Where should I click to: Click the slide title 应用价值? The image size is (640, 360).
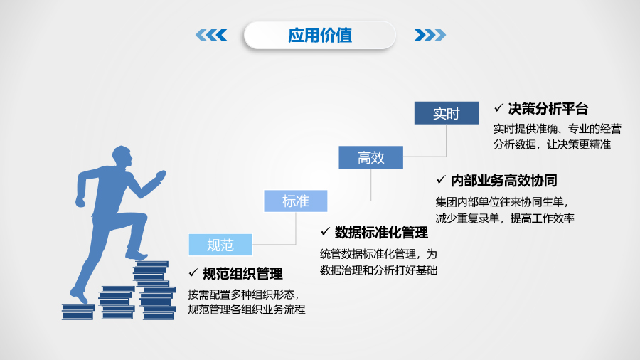pos(319,35)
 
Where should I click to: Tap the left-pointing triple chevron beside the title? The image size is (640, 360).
pos(210,35)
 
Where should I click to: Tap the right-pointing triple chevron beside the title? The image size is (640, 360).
pos(430,35)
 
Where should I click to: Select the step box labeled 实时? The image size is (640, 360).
pos(447,113)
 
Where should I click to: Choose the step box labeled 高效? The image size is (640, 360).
pos(370,157)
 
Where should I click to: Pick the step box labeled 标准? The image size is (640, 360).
pos(296,201)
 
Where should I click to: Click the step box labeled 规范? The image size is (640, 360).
pos(220,245)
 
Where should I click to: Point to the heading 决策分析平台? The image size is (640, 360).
pos(548,109)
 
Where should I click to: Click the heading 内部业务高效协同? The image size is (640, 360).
pos(503,179)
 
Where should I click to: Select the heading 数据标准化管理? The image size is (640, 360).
pos(381,232)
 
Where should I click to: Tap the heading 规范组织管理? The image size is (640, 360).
pos(242,273)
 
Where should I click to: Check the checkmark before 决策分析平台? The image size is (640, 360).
pos(498,109)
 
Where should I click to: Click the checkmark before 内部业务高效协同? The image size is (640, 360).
pos(441,179)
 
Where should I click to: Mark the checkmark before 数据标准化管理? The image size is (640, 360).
pos(325,232)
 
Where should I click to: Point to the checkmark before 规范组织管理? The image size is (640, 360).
pos(193,273)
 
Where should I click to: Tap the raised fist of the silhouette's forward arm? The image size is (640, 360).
pos(161,174)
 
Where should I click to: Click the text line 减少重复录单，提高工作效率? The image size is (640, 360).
pos(505,218)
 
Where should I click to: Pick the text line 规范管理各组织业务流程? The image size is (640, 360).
pos(246,309)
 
